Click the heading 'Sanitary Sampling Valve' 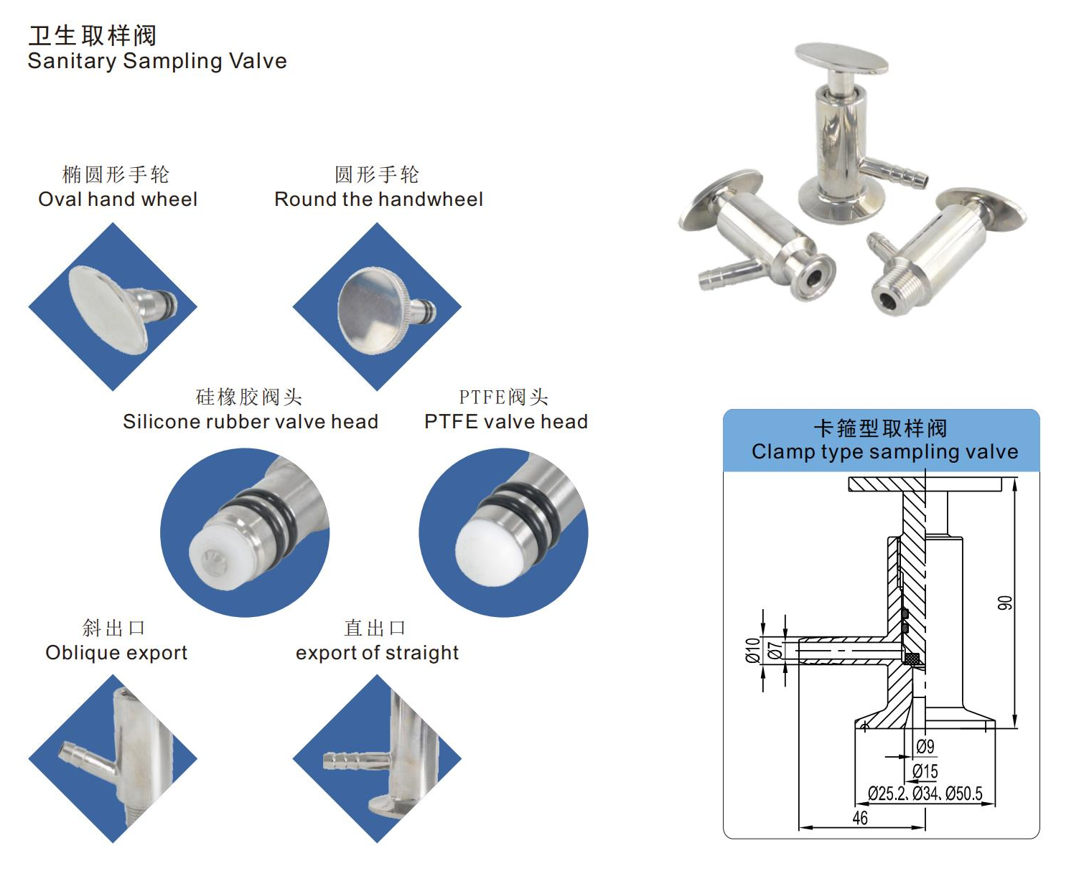tap(157, 61)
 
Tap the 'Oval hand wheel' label tap(118, 199)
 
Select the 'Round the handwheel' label tap(378, 199)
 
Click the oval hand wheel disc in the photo tap(108, 309)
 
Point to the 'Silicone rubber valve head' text tap(250, 422)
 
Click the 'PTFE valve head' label tap(505, 422)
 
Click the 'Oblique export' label tap(116, 653)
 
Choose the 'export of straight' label tap(377, 653)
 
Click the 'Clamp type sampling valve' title tap(884, 452)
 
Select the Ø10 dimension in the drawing tap(752, 650)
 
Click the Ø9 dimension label tap(925, 747)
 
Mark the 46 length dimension tap(859, 818)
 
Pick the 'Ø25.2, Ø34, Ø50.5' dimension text tap(925, 793)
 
